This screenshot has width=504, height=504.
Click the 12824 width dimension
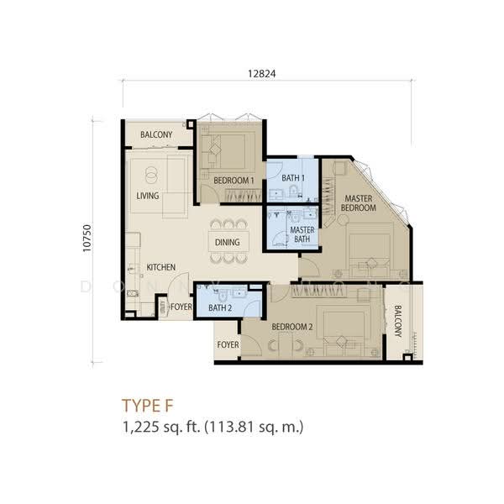tap(261, 74)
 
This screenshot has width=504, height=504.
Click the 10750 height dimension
tap(87, 238)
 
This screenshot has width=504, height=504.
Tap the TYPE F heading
tap(148, 406)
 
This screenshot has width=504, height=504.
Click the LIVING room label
tap(148, 196)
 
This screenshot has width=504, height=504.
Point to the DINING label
tap(228, 242)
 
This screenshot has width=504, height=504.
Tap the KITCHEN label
tap(161, 267)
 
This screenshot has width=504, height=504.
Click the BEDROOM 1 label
tap(234, 181)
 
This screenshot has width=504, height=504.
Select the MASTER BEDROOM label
tap(359, 203)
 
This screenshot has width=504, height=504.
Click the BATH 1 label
tap(293, 178)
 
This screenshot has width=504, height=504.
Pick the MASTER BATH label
tap(302, 234)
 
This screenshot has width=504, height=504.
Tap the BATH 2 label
tap(220, 308)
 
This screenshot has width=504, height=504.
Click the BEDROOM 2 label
tap(291, 327)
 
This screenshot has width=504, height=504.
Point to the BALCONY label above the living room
tap(156, 134)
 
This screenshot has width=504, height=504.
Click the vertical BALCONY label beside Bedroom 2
tap(398, 321)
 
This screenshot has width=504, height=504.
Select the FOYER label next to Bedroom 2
tap(228, 345)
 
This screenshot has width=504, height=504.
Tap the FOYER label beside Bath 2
tap(181, 307)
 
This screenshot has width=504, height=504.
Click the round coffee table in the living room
tap(150, 175)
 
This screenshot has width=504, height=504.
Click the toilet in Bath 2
tap(223, 294)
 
